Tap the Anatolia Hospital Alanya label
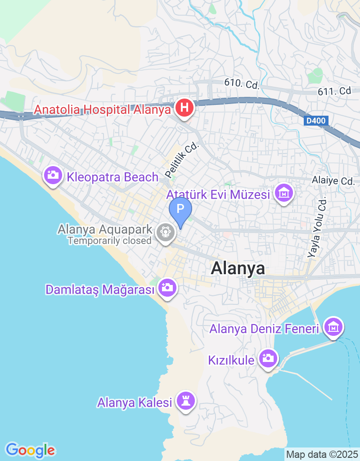click(103, 109)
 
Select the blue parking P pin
click(180, 209)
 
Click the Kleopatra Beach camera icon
click(53, 175)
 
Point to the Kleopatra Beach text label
click(112, 177)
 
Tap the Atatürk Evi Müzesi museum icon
click(284, 194)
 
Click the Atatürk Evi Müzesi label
click(218, 195)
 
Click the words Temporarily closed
click(109, 241)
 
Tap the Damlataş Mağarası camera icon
click(167, 287)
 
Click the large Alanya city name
click(238, 268)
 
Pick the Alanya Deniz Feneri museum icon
click(333, 327)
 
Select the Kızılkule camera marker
click(269, 359)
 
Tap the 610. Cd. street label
click(242, 84)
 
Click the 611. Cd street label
click(334, 91)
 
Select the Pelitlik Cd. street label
click(181, 160)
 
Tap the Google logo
click(30, 450)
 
